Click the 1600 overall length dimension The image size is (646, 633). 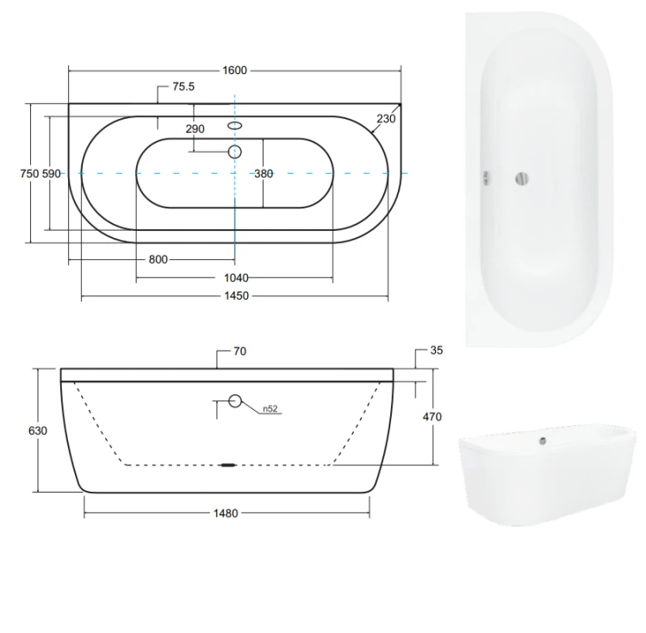234,71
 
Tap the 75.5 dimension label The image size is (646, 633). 183,86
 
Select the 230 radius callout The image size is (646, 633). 386,119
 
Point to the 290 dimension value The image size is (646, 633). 195,129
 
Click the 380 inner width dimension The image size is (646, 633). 264,174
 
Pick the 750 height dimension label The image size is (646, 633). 29,174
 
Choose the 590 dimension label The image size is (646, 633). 51,174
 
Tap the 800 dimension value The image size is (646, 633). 158,259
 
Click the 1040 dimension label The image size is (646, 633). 236,278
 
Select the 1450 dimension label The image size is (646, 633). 237,296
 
